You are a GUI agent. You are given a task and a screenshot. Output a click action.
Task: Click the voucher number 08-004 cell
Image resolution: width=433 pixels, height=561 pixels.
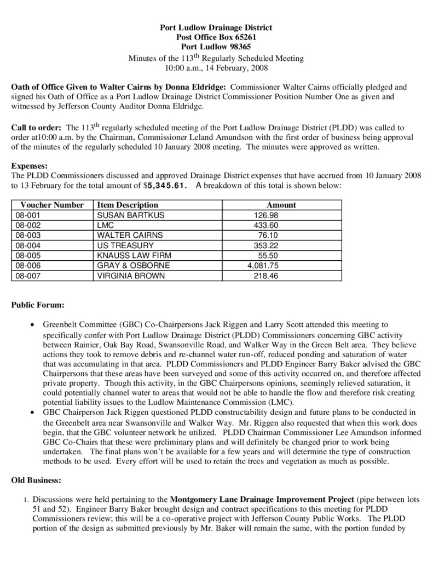click(28, 245)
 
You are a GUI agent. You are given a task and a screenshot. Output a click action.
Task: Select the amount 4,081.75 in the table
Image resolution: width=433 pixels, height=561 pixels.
click(263, 266)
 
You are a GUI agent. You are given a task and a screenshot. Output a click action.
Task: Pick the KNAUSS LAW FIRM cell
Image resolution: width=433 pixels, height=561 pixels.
click(134, 256)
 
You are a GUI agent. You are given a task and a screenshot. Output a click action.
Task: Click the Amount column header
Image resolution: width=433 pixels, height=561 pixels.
click(282, 205)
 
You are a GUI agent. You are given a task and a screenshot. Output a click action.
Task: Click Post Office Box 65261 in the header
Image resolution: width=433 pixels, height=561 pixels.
click(216, 37)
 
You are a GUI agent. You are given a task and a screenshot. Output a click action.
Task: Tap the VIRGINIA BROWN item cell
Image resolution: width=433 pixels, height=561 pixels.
click(131, 276)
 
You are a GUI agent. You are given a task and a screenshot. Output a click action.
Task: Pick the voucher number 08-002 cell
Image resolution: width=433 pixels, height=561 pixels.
click(28, 225)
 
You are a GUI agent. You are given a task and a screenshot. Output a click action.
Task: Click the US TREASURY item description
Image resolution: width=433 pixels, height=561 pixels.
click(125, 245)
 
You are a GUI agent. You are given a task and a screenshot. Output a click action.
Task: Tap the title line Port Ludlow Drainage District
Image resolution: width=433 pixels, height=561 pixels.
click(216, 27)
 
